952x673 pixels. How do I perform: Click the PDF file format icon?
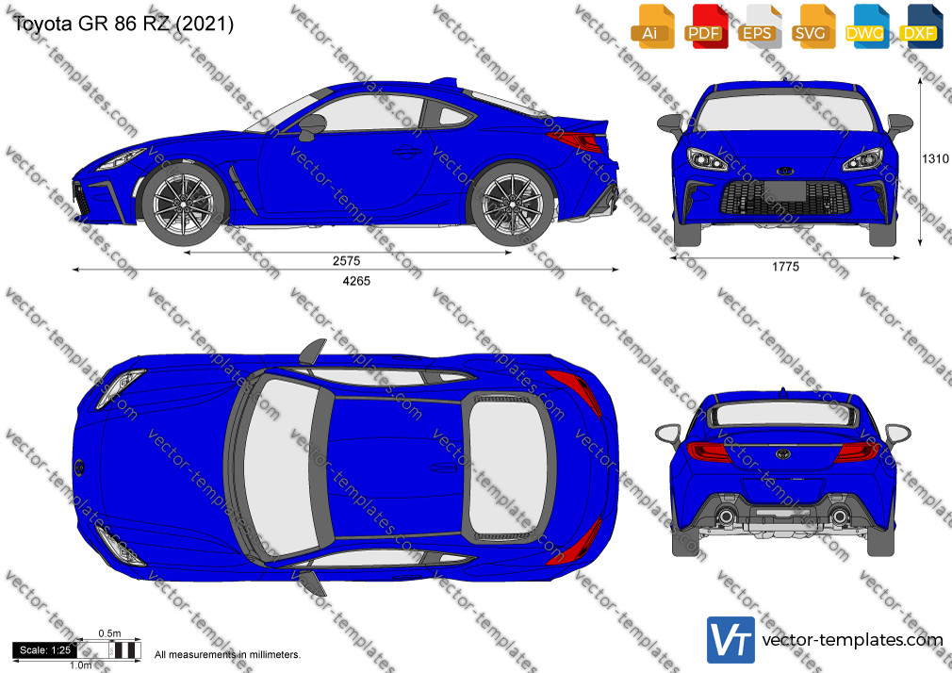coord(704,26)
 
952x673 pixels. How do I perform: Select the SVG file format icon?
coord(812,26)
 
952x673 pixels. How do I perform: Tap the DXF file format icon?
coord(919,26)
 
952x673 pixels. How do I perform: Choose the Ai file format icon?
coord(651,26)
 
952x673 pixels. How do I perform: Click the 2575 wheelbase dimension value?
coord(346,261)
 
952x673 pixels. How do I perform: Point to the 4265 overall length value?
coord(356,281)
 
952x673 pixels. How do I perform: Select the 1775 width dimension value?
coord(785,267)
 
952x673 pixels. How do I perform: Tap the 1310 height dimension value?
coord(935,158)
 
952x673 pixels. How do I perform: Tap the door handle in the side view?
coord(407,151)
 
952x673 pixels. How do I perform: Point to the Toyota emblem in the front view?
coord(784,171)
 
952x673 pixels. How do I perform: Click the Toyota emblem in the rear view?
coord(783,453)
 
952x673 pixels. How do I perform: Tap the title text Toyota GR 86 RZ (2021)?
coord(123,24)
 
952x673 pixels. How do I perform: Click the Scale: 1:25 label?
coord(45,650)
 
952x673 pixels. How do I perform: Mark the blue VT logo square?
coord(730,640)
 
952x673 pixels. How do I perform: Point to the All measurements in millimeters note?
coord(227,655)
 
